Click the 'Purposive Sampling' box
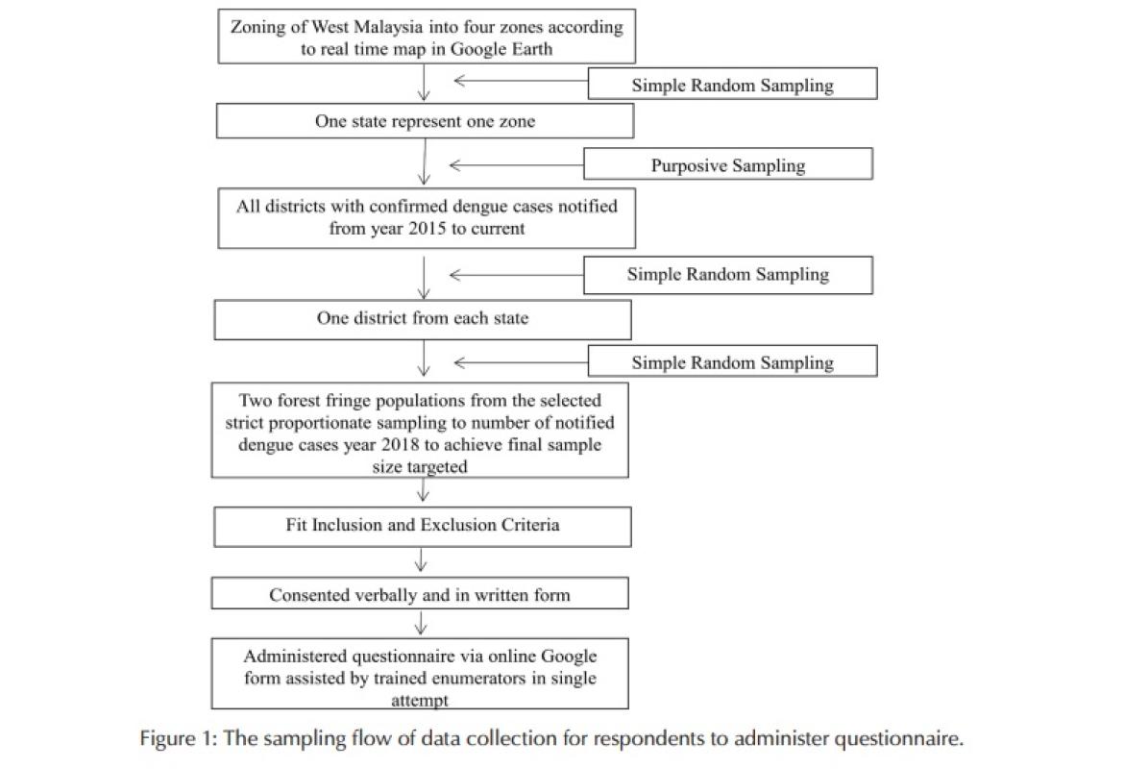727,164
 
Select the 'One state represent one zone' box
425,122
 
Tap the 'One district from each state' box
423,318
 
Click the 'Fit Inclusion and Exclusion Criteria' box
423,526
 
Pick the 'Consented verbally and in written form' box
420,595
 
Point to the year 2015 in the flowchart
413,230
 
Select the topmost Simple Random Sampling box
732,85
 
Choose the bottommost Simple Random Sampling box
732,362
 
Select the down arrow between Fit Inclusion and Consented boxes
421,560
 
